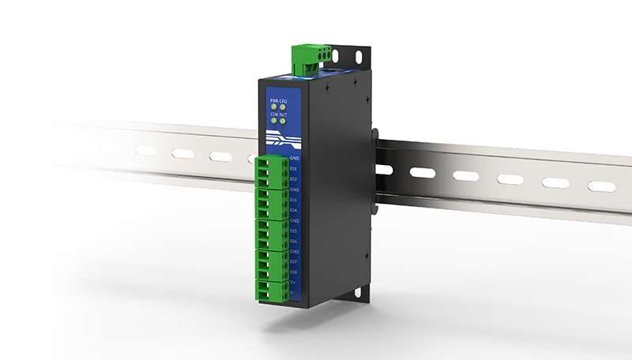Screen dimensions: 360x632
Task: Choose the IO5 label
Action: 293,231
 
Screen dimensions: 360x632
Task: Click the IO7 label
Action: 293,262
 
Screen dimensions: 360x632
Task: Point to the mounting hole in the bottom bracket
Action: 357,293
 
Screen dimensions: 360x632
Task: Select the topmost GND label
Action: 293,159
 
